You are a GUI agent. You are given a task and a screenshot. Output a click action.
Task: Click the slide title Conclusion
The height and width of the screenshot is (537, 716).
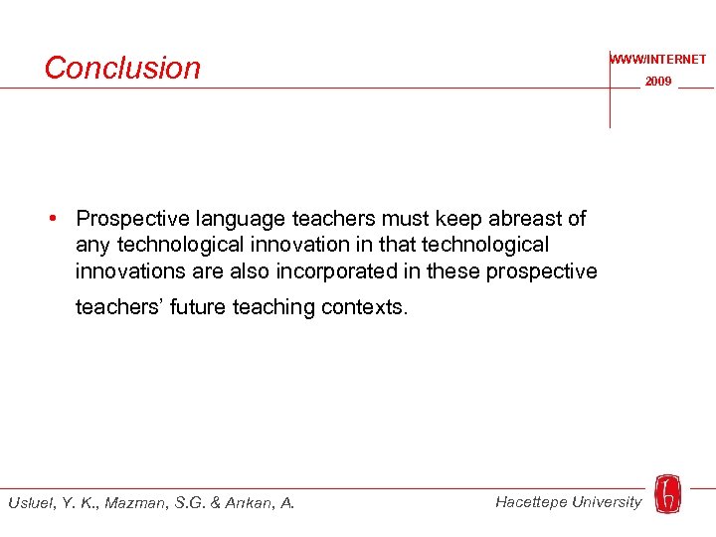click(x=122, y=68)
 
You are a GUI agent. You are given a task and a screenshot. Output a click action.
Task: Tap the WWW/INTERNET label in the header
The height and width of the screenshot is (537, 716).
click(x=658, y=60)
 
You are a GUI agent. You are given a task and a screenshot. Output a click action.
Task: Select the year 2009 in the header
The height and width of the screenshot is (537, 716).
click(x=658, y=82)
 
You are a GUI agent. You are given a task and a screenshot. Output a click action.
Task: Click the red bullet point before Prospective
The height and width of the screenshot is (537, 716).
click(x=61, y=218)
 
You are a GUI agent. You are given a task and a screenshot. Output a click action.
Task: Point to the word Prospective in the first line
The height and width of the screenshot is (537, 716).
click(x=134, y=219)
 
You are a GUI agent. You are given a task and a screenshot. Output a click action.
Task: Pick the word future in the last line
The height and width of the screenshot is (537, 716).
click(x=198, y=308)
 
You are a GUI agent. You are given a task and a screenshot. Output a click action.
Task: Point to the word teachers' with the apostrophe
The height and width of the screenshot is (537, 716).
click(x=119, y=308)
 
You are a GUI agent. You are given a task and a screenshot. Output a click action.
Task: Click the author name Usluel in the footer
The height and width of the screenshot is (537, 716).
click(x=31, y=503)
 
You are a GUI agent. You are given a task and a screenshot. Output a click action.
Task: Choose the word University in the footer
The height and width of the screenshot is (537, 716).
click(x=606, y=502)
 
